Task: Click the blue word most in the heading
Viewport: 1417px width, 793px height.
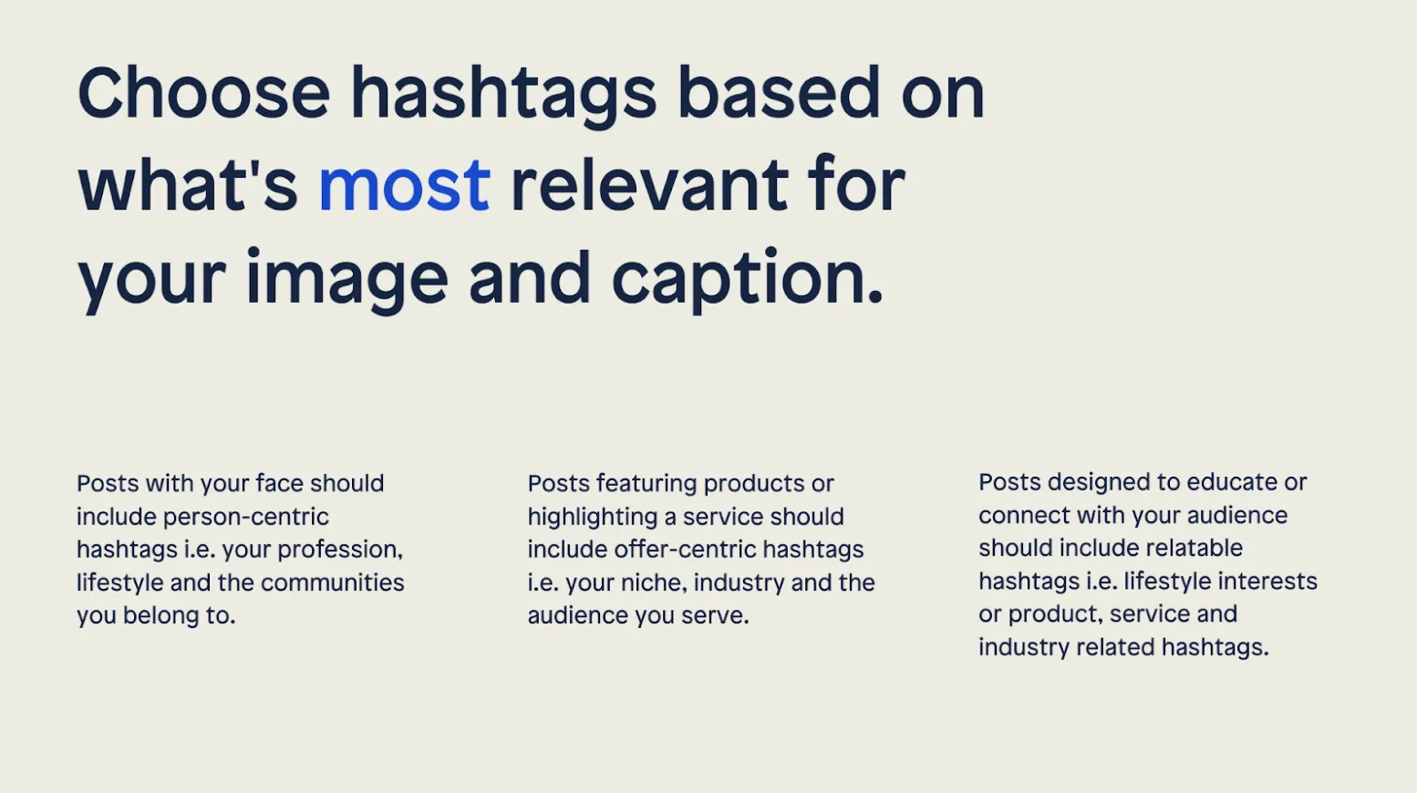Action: tap(404, 186)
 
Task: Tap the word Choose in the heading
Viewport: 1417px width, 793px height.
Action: tap(203, 92)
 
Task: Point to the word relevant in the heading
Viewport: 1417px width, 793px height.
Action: tap(649, 184)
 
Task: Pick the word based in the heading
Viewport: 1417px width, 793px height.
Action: tap(778, 92)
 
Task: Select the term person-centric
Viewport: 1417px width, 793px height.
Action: tap(245, 518)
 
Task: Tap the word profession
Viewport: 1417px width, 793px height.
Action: tap(340, 551)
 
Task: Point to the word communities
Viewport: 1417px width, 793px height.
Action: tap(332, 582)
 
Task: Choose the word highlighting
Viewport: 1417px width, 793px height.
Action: tap(593, 518)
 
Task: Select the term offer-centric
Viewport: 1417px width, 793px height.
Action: tap(685, 550)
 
